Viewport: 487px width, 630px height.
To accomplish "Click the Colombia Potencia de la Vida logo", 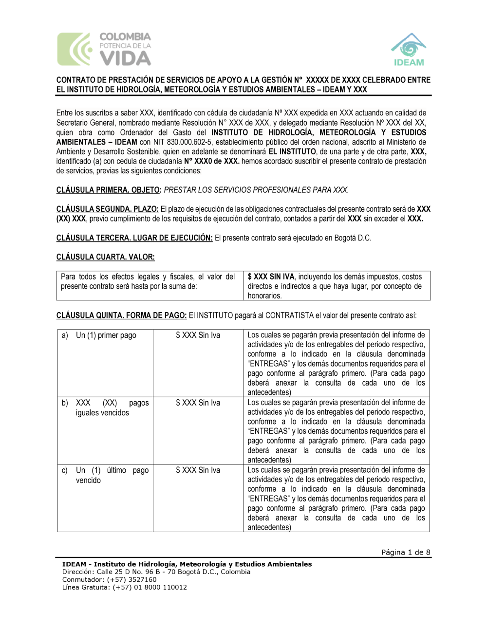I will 104,49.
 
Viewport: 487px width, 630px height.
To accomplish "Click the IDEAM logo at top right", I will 409,50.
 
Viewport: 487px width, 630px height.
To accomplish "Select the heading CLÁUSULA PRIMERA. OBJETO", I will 108,190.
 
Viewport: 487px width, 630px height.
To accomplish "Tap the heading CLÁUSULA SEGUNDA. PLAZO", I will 107,209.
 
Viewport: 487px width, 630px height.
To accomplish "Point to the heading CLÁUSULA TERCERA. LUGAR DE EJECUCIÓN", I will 134,238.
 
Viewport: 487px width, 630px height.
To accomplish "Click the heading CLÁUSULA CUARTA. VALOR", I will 105,257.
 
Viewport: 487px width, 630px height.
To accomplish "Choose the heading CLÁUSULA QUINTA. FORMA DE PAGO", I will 121,315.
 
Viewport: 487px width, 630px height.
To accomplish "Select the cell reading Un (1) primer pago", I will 106,335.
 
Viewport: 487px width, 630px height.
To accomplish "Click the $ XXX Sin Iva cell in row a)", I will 198,335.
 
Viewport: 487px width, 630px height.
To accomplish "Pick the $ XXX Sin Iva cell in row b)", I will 198,403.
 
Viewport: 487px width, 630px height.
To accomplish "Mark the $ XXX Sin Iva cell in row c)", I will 198,470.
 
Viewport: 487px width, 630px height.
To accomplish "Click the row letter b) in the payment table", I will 65,403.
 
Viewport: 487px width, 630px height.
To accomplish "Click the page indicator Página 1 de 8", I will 406,552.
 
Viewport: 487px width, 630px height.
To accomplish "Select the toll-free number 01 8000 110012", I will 160,588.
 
